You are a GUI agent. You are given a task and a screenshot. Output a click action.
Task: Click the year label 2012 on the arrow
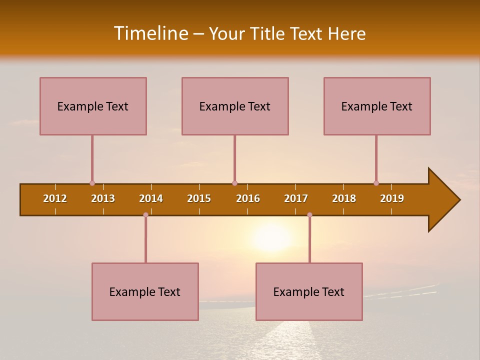pyautogui.click(x=55, y=198)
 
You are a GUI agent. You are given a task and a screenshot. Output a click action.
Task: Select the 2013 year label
pyautogui.click(x=103, y=198)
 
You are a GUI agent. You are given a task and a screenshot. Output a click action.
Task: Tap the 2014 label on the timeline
pyautogui.click(x=151, y=198)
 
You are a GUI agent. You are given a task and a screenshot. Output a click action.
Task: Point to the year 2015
pyautogui.click(x=199, y=198)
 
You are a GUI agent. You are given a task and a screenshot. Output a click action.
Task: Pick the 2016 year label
pyautogui.click(x=248, y=198)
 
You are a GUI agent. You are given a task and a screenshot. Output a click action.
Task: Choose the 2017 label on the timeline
pyautogui.click(x=296, y=198)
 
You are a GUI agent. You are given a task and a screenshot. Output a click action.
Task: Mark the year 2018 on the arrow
pyautogui.click(x=344, y=198)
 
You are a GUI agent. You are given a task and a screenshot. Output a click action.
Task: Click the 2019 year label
pyautogui.click(x=392, y=198)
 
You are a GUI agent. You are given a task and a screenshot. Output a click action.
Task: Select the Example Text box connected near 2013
pyautogui.click(x=93, y=106)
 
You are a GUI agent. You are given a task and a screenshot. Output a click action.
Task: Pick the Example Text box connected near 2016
pyautogui.click(x=235, y=106)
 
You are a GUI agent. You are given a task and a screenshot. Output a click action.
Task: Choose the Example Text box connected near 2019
pyautogui.click(x=377, y=106)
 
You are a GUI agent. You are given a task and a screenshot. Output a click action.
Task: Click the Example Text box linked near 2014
pyautogui.click(x=145, y=291)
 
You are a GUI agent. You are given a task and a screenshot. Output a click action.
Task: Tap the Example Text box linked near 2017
pyautogui.click(x=309, y=291)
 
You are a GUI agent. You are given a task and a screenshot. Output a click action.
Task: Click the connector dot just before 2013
pyautogui.click(x=92, y=183)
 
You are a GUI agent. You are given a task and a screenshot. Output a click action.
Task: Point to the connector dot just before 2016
pyautogui.click(x=234, y=183)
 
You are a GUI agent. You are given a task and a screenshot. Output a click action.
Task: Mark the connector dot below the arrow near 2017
pyautogui.click(x=309, y=215)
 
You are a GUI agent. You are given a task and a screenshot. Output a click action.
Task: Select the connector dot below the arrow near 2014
pyautogui.click(x=145, y=215)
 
